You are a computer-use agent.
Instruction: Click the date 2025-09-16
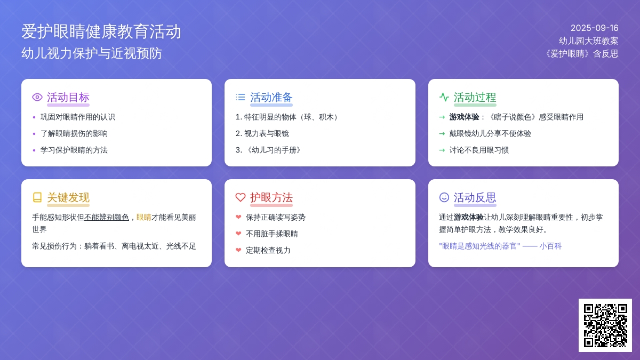point(594,28)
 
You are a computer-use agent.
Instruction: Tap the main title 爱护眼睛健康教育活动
point(101,31)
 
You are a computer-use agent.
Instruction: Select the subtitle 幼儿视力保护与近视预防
point(92,53)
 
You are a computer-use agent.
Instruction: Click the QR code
point(605,325)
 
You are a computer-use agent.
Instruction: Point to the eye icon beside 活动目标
point(37,97)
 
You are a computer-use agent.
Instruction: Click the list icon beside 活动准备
point(241,97)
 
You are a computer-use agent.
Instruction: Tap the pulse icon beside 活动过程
point(444,97)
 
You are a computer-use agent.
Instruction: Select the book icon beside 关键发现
point(37,197)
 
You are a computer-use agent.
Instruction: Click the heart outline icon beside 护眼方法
point(241,197)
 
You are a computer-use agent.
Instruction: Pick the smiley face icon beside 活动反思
point(444,197)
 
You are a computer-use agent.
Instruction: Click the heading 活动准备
point(271,98)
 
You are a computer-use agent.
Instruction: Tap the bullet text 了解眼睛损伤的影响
point(74,134)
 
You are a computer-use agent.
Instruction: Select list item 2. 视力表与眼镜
point(262,134)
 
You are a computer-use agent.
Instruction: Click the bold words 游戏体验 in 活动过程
point(464,117)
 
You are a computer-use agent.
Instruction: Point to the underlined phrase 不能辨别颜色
point(107,218)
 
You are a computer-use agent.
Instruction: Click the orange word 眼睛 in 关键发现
point(144,218)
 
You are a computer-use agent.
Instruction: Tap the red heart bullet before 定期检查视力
point(238,250)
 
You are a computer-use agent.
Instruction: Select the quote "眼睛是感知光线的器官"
point(479,246)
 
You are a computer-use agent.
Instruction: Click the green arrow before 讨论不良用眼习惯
point(442,150)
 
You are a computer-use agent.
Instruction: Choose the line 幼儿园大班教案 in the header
point(589,41)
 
